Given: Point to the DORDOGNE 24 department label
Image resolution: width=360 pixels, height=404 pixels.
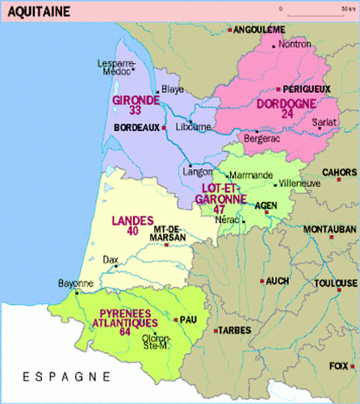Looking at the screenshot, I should [x=287, y=108].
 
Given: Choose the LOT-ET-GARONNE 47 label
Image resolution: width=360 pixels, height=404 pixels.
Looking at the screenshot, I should [x=221, y=197].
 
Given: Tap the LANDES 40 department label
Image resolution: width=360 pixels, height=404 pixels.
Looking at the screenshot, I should [x=124, y=224].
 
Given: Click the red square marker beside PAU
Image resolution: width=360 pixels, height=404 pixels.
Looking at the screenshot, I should [x=180, y=319].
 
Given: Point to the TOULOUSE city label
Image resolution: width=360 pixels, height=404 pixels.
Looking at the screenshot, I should [x=337, y=283].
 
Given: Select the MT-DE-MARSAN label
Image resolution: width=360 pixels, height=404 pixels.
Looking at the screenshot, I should [x=169, y=233].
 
